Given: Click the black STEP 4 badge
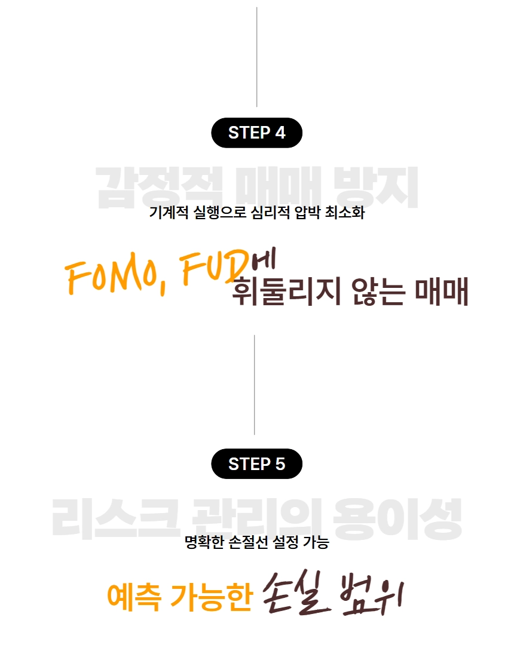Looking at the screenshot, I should point(257,133).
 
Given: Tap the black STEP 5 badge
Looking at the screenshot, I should point(257,463).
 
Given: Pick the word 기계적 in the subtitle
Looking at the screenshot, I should point(169,213).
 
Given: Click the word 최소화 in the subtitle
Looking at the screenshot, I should point(344,213).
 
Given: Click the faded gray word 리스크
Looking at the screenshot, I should point(114,518).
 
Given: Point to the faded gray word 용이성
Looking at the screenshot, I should point(397,518).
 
